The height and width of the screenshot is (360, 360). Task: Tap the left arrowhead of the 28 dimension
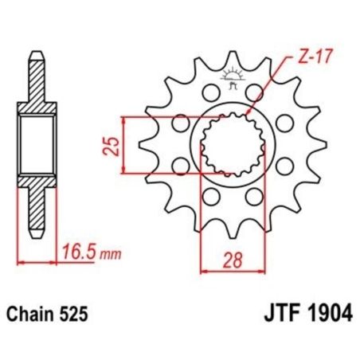(x=202, y=271)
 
